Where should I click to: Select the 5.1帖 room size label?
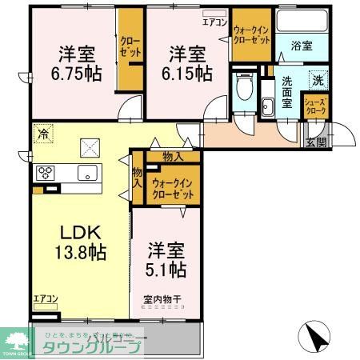[166, 270]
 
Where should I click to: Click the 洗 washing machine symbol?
[317, 81]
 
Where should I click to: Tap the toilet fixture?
[244, 82]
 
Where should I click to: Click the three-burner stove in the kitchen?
[46, 173]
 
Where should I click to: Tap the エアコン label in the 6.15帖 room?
[214, 22]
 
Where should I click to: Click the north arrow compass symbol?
[314, 336]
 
